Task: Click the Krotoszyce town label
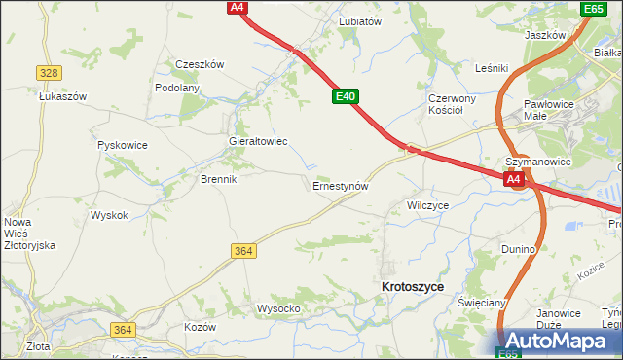click(x=413, y=287)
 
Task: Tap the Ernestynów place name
click(x=340, y=185)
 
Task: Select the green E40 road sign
click(x=346, y=97)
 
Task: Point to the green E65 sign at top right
click(x=593, y=9)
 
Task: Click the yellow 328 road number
click(x=50, y=73)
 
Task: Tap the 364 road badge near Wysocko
click(x=244, y=251)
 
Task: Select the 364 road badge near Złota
click(x=122, y=330)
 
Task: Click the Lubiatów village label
click(x=359, y=20)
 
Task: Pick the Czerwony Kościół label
click(x=451, y=104)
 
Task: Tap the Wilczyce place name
click(x=427, y=206)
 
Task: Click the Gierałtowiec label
click(x=257, y=141)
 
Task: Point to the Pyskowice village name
click(x=123, y=145)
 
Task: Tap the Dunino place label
click(x=519, y=249)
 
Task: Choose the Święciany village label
click(x=482, y=303)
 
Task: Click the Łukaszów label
click(x=63, y=96)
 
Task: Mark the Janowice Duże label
click(x=559, y=319)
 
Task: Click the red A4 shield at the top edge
click(x=237, y=7)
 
